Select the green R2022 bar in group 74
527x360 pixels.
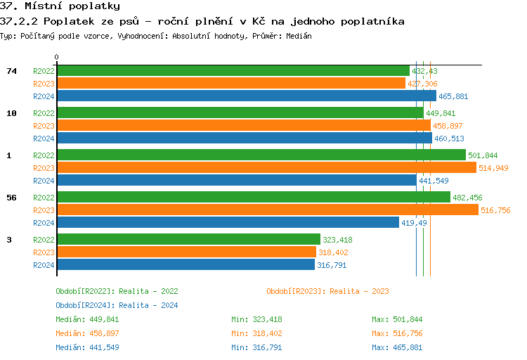click(233, 70)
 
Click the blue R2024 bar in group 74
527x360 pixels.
click(247, 96)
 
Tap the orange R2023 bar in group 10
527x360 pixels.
click(243, 125)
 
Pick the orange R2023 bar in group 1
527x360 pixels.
click(266, 167)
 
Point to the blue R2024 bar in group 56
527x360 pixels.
click(228, 222)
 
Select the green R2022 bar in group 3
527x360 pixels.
click(188, 239)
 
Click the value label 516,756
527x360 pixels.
click(495, 210)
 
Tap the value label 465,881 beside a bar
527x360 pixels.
click(453, 96)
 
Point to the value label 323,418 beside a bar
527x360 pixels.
click(337, 240)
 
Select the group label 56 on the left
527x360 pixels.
click(11, 198)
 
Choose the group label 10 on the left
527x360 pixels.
click(11, 113)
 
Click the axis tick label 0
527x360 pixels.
click(57, 57)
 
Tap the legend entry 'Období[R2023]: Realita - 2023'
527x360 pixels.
click(327, 291)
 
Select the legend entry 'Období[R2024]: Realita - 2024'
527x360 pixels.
click(117, 305)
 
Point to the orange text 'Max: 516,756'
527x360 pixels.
click(397, 333)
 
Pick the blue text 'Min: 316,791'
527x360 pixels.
click(256, 347)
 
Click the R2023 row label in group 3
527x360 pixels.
click(44, 252)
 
